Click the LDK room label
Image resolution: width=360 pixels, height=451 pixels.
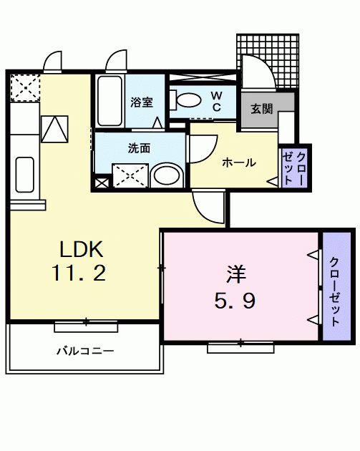click(x=82, y=249)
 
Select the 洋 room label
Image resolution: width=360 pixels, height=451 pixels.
click(x=237, y=275)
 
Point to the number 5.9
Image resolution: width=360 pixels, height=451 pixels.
click(x=235, y=301)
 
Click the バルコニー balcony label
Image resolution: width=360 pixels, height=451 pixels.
click(x=85, y=351)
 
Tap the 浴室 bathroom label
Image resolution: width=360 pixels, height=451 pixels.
click(x=141, y=102)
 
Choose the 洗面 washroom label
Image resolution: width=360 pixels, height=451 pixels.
click(x=139, y=149)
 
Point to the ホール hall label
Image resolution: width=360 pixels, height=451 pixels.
click(x=238, y=163)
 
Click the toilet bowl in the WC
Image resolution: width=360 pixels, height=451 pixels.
click(x=190, y=100)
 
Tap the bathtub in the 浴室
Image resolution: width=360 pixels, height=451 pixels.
click(x=110, y=101)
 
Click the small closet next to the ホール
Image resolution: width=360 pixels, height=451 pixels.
click(x=293, y=168)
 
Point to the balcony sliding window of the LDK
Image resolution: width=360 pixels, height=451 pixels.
click(x=85, y=326)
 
